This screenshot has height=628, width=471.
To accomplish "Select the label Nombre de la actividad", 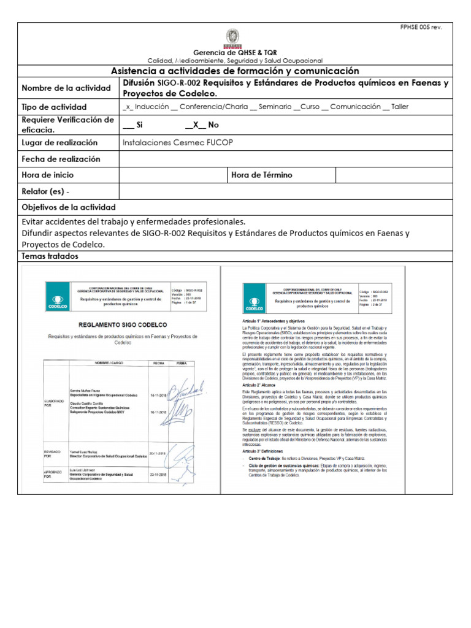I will coord(66,88).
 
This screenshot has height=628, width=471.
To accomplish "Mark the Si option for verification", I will coord(133,124).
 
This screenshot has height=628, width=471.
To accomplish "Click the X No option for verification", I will coord(202,124).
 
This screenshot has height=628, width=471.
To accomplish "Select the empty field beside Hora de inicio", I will coord(172,175).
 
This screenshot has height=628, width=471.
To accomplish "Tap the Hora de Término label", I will coord(262,175).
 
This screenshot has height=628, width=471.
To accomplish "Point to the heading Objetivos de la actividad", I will coord(68,207).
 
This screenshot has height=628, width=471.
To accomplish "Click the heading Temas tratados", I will coord(50,256).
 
